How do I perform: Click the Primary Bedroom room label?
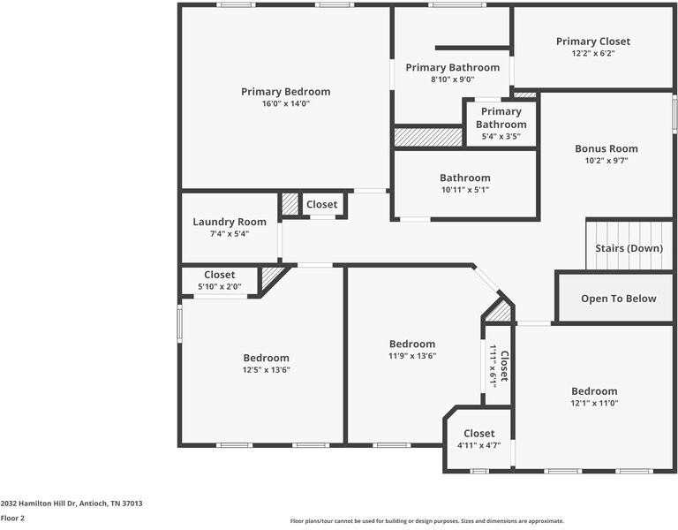(285, 92)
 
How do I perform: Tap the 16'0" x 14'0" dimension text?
(285, 104)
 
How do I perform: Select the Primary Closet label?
(592, 42)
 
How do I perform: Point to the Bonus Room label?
(606, 148)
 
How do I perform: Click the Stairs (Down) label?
(629, 248)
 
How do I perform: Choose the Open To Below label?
(618, 299)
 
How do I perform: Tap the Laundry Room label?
(230, 222)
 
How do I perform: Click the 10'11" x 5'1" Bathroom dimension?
(464, 190)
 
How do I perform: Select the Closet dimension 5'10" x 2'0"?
(219, 287)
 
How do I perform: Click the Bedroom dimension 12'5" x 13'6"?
(266, 370)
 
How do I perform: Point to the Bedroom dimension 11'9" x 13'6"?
(411, 356)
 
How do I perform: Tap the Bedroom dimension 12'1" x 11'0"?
(593, 403)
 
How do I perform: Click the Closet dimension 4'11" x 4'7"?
(478, 445)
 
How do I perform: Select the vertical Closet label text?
(504, 367)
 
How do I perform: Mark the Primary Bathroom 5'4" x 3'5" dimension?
(501, 137)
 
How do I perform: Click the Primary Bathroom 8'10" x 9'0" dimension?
(452, 79)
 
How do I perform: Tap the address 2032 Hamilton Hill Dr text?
(72, 503)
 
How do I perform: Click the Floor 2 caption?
(12, 519)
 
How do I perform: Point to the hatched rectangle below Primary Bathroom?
(428, 138)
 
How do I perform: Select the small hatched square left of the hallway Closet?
(290, 205)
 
